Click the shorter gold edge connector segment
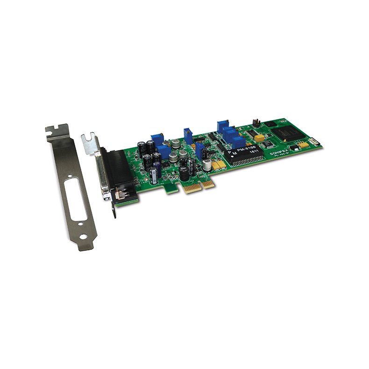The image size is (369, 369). tap(208, 184)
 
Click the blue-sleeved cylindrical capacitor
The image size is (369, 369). tap(154, 176)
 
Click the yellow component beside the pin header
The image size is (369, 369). tap(258, 138)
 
